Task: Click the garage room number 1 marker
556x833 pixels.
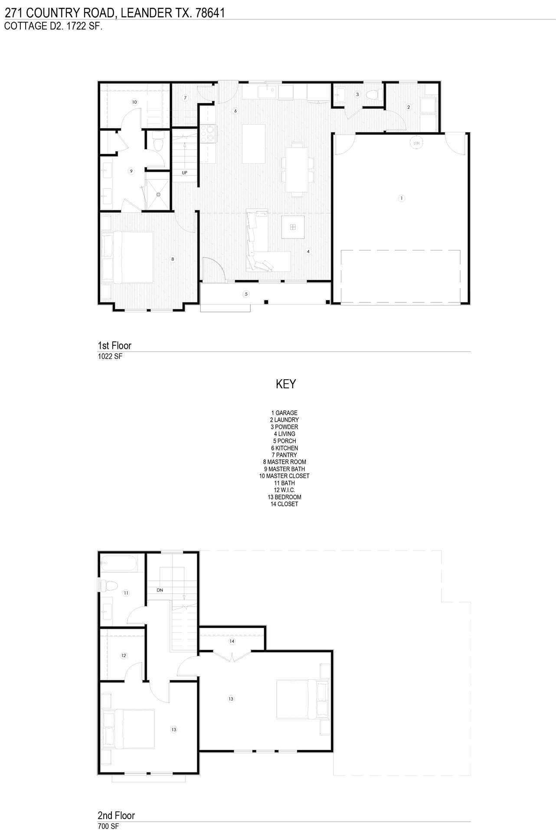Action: click(402, 198)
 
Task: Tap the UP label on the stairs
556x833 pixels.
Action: click(185, 173)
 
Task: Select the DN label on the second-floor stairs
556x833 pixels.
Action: click(160, 590)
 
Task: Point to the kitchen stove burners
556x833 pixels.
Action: click(208, 134)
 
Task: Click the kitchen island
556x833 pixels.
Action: click(253, 144)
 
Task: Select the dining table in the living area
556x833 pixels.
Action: click(297, 169)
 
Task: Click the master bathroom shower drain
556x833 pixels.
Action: click(159, 194)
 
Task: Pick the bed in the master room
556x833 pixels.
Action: click(127, 257)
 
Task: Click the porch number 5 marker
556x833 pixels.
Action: click(246, 294)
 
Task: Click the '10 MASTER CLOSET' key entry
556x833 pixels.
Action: click(285, 476)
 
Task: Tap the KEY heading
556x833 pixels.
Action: click(286, 384)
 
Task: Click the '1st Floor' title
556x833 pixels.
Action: click(114, 346)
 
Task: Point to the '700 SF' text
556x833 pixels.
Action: click(108, 826)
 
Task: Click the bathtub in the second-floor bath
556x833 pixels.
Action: click(119, 564)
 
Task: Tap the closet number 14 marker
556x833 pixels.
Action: click(232, 641)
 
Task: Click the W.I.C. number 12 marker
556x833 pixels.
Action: click(124, 656)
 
